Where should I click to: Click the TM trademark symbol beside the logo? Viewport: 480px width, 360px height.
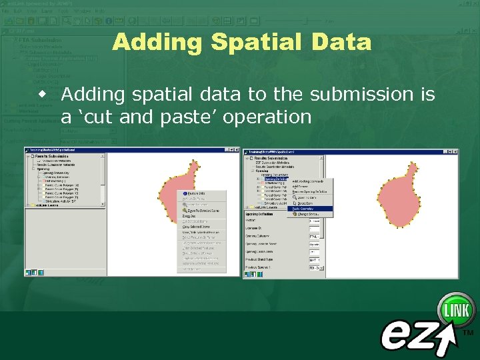468,331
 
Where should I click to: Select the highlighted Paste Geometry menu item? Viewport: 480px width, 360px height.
303,209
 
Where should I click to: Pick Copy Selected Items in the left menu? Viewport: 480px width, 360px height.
197,227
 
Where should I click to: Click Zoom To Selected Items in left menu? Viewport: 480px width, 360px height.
200,210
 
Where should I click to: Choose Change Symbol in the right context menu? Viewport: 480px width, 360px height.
303,214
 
